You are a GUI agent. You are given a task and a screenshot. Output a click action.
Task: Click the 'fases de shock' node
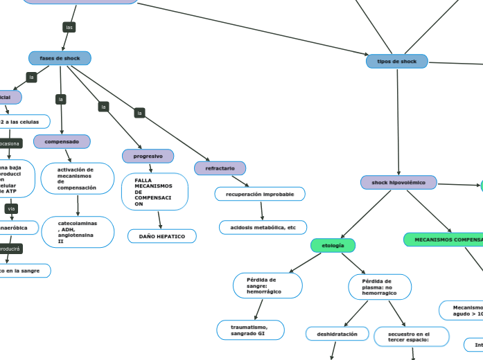pyautogui.click(x=60, y=58)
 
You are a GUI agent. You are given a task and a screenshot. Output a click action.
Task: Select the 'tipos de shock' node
pyautogui.click(x=397, y=61)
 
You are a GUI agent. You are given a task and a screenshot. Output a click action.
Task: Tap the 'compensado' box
pyautogui.click(x=62, y=142)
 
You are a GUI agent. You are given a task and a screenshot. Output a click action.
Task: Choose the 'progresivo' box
pyautogui.click(x=148, y=156)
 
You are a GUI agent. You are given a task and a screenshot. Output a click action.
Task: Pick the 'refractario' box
pyautogui.click(x=220, y=168)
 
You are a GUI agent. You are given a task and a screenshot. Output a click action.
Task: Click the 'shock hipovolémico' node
pyautogui.click(x=398, y=183)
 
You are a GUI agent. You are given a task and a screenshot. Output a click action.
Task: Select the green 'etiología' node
pyautogui.click(x=333, y=245)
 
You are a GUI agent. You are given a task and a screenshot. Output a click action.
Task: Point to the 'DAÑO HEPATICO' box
pyautogui.click(x=162, y=237)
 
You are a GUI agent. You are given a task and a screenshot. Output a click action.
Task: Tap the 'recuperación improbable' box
pyautogui.click(x=260, y=195)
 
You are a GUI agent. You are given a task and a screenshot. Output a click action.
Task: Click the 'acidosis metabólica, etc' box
pyautogui.click(x=263, y=227)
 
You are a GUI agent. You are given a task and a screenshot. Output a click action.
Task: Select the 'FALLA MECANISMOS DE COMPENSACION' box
pyautogui.click(x=154, y=192)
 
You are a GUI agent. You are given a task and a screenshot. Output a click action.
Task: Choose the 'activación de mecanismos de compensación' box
pyautogui.click(x=77, y=179)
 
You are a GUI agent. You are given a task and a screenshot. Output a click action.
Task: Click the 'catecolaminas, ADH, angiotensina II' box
pyautogui.click(x=78, y=233)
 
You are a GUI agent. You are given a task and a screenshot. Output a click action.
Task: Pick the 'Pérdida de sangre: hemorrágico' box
pyautogui.click(x=267, y=285)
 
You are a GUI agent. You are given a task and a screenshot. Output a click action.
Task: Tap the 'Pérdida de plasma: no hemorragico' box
pyautogui.click(x=379, y=287)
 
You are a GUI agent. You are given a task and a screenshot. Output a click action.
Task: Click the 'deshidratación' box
pyautogui.click(x=337, y=334)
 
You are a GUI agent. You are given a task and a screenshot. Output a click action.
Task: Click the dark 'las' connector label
pyautogui.click(x=69, y=27)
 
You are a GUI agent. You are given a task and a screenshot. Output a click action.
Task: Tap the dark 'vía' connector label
pyautogui.click(x=11, y=208)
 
